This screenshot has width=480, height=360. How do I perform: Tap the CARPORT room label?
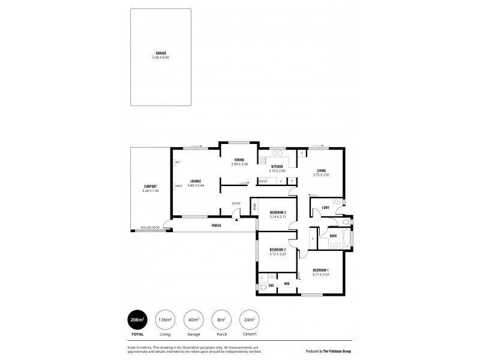(151, 186)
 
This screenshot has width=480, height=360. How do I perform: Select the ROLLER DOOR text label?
(150, 227)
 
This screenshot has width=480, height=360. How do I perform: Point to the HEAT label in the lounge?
(179, 186)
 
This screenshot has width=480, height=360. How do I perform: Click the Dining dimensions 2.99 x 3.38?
(239, 163)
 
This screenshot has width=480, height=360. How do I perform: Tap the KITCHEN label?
(276, 167)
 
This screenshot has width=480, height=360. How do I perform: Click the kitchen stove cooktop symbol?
(262, 160)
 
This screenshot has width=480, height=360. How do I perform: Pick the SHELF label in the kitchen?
(263, 181)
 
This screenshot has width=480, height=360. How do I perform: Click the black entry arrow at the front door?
(238, 220)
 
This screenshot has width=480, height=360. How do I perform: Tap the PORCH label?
(216, 226)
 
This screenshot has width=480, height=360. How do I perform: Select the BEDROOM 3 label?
(277, 212)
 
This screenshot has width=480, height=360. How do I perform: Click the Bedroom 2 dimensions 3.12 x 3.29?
(277, 254)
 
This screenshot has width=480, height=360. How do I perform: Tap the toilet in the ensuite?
(264, 288)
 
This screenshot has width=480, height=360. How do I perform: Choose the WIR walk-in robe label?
(286, 283)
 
